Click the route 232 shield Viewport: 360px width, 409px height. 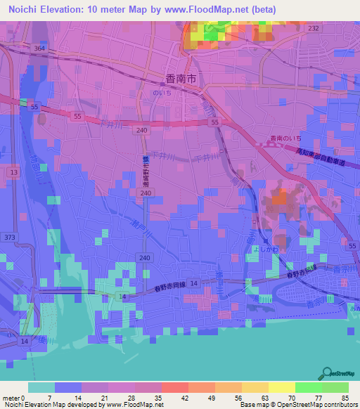tap(313, 28)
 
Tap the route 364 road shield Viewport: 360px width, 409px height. tap(39, 48)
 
